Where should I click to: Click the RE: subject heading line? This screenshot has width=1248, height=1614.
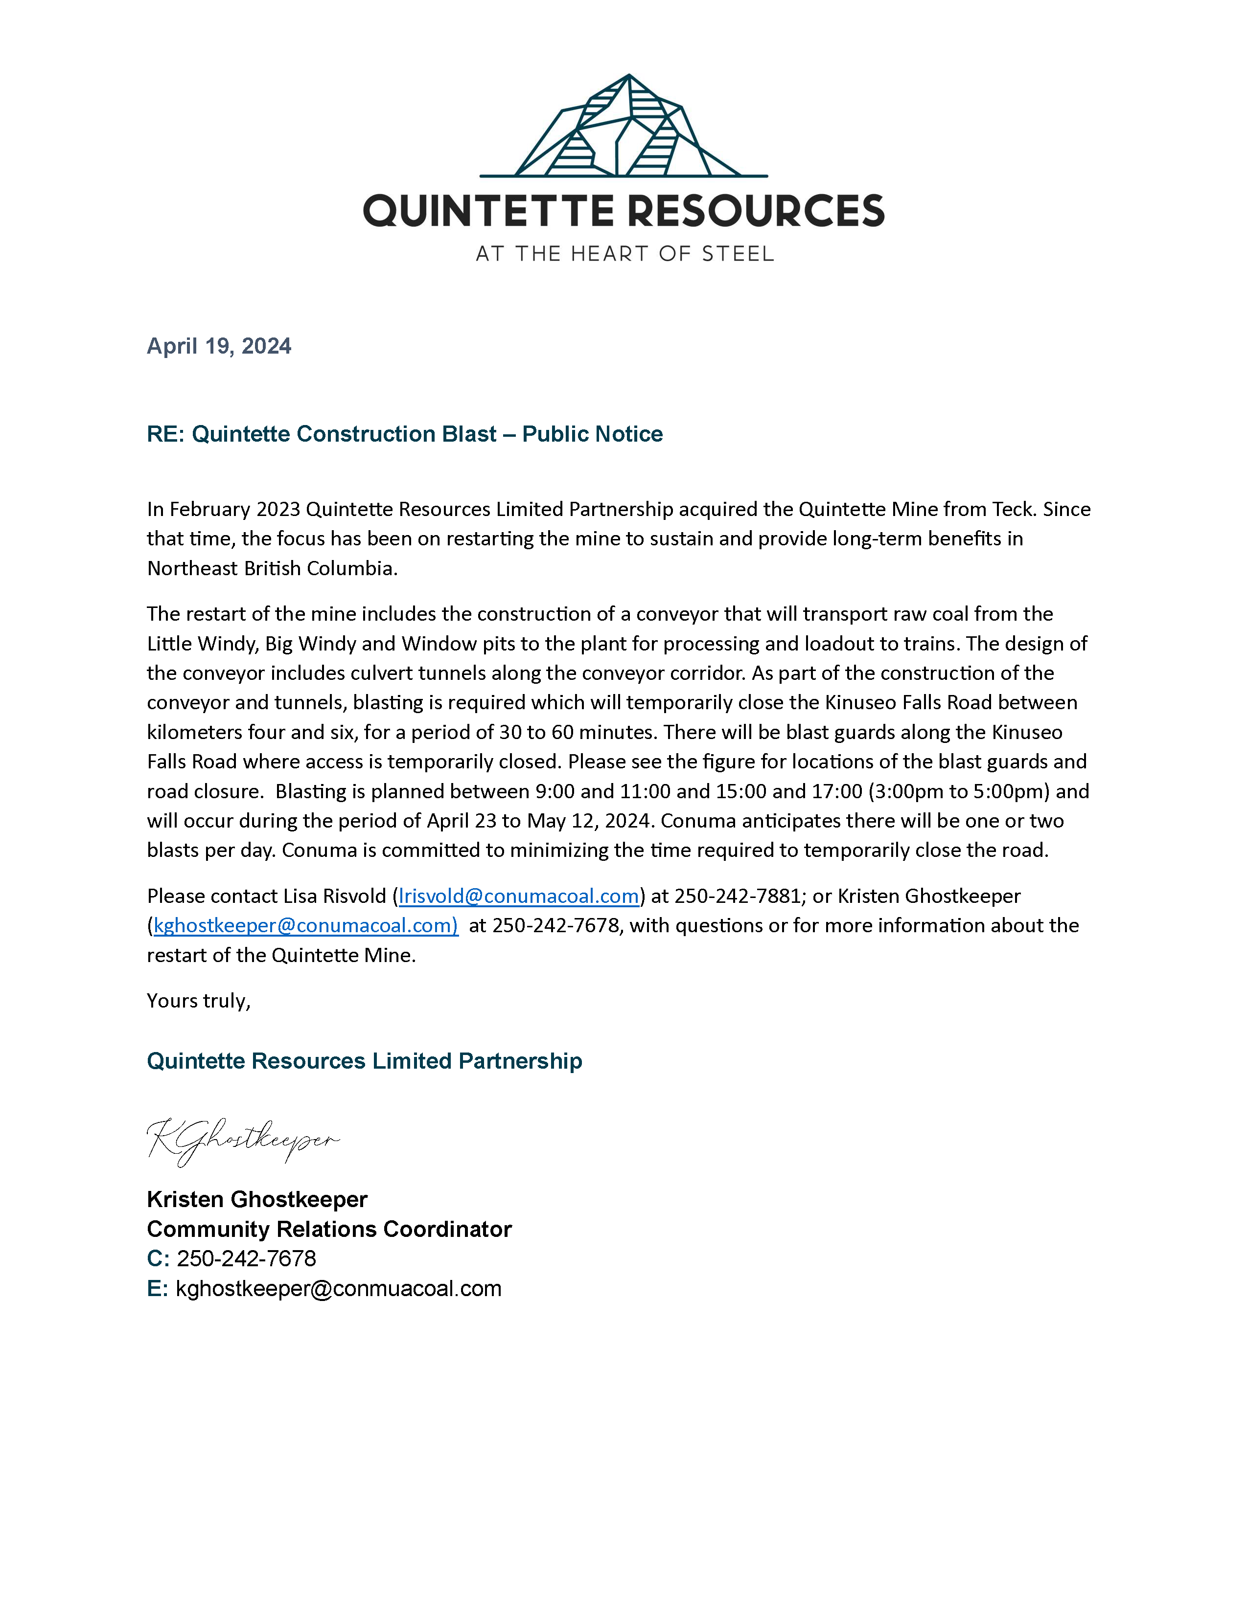pos(404,434)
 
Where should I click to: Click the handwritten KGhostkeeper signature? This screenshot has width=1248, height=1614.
pos(242,1140)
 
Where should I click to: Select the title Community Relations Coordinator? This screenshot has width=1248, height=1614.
pos(329,1229)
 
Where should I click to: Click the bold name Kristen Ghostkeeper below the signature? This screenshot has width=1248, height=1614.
pos(256,1199)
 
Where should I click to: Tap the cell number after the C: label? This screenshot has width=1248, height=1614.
pos(246,1258)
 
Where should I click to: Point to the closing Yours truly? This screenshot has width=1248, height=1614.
pos(199,1001)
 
